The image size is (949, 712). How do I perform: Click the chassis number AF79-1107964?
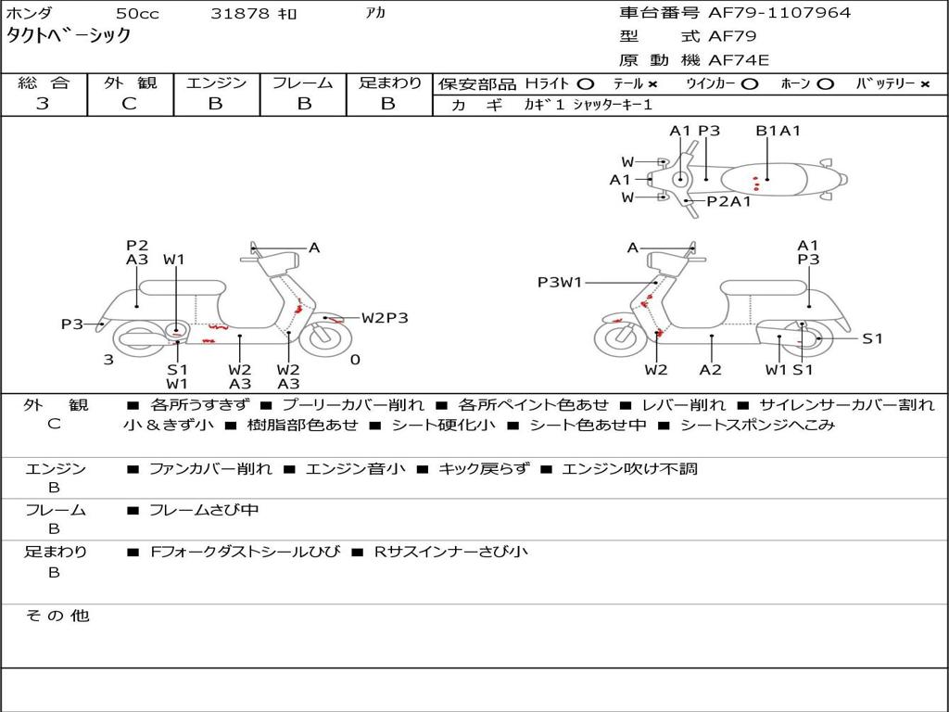point(779,13)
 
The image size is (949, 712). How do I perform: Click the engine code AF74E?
point(739,60)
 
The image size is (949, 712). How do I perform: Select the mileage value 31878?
point(240,13)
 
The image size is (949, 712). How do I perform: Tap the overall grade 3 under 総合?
point(43,104)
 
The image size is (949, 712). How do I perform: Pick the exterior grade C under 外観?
point(129,104)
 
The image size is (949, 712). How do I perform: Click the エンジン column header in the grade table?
point(216,83)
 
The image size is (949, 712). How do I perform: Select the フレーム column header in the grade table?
point(303,83)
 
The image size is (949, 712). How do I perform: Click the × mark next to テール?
point(652,84)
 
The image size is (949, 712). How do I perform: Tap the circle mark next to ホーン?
point(825,84)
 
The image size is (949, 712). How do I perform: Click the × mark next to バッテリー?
point(925,84)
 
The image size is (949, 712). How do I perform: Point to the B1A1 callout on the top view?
point(778,130)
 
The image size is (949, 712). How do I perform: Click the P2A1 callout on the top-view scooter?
point(728,201)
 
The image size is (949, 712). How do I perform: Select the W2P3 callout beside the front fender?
point(385,318)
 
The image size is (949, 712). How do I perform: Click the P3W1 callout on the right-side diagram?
point(560,282)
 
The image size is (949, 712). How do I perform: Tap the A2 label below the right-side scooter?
point(711,369)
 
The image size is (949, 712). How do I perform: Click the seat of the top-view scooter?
point(764,180)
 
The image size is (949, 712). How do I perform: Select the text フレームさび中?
point(204,511)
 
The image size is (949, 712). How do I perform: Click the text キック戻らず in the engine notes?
point(484,468)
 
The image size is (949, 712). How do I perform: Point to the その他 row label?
point(57,616)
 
